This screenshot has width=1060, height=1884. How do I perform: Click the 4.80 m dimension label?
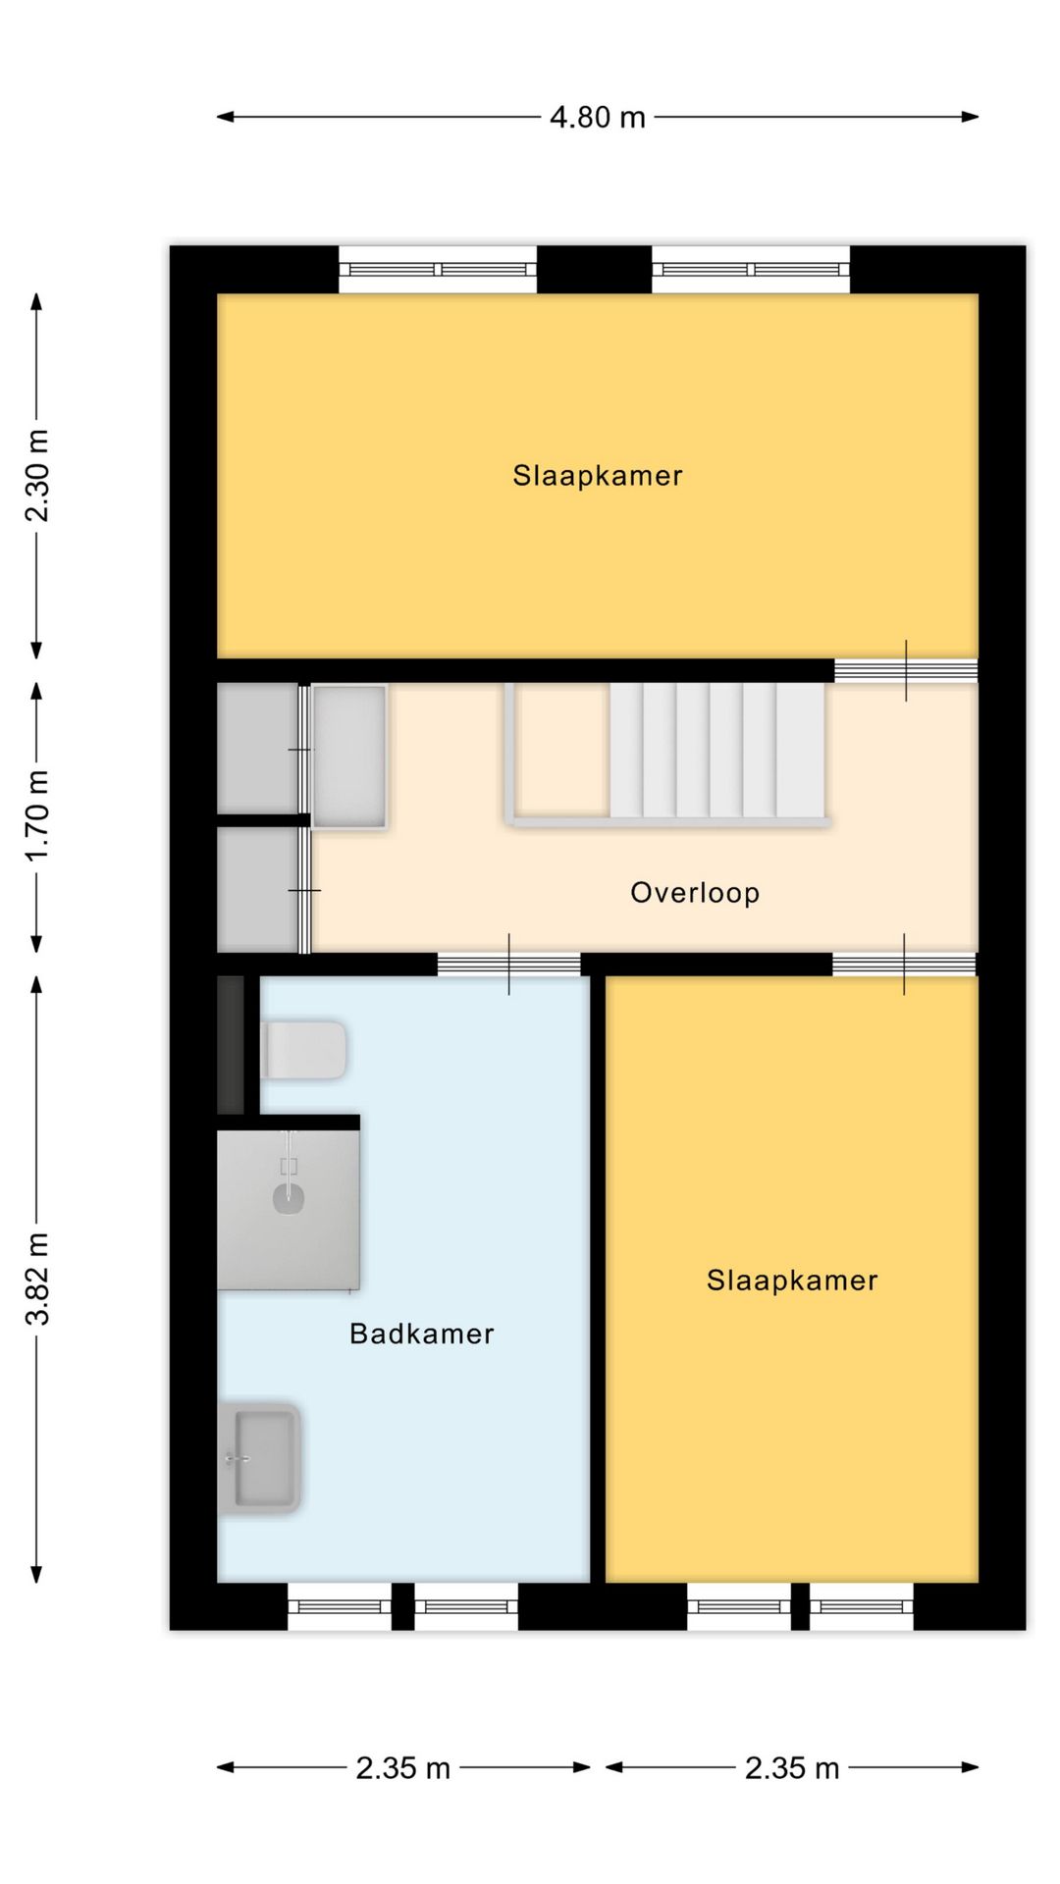coord(597,118)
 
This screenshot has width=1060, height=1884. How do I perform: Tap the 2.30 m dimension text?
coord(37,476)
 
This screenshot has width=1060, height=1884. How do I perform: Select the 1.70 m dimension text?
coord(37,816)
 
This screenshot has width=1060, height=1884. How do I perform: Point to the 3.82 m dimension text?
coord(37,1279)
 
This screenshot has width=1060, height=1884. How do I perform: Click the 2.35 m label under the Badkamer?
coord(402,1768)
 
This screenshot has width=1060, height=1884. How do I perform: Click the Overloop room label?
coord(695,893)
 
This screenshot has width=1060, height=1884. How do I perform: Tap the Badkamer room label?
coord(422,1334)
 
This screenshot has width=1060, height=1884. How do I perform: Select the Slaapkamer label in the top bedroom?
coord(597,476)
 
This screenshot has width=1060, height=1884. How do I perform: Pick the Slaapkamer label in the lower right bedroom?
coord(792,1281)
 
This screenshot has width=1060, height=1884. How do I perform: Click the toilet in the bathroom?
coord(303,1051)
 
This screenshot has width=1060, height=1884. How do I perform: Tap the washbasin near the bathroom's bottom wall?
coord(259,1458)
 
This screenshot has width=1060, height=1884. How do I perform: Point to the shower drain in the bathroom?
coord(289,1198)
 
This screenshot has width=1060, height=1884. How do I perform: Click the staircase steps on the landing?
coord(717,751)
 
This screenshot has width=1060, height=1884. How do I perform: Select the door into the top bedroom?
coord(906,671)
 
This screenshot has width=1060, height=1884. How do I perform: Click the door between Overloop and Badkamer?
coord(508,965)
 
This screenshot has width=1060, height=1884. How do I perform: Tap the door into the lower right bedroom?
coord(904,965)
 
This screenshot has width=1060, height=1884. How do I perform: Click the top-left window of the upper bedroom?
coord(438,270)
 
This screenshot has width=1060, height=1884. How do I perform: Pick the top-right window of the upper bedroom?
coord(751,270)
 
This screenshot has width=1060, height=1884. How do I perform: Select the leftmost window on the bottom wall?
coord(340,1607)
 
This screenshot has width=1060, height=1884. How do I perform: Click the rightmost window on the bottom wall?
coord(862,1607)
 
